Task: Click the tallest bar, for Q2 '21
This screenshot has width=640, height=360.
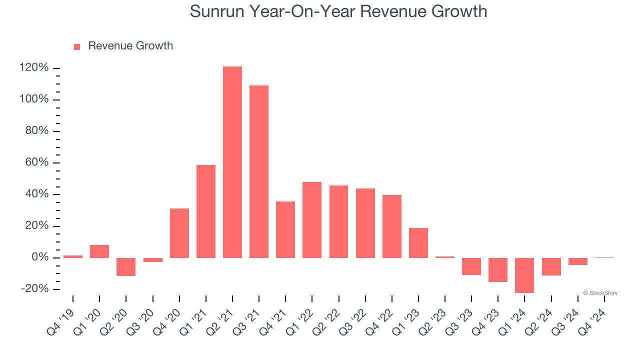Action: [x=232, y=162]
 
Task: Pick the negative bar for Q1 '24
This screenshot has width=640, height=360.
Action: [x=524, y=275]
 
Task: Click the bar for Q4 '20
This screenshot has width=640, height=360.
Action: [x=179, y=233]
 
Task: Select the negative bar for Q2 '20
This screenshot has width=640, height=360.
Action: [x=126, y=266]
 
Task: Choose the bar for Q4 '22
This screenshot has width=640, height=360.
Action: [x=392, y=226]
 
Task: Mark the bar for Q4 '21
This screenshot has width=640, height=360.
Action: [x=285, y=229]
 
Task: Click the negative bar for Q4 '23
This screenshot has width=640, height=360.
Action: [x=498, y=269]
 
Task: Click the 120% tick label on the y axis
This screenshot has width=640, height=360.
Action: [x=34, y=68]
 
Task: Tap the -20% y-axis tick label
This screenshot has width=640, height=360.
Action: [x=34, y=289]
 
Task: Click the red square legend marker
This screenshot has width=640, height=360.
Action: [x=77, y=46]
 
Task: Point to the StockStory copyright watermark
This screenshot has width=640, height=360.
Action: [x=600, y=293]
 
